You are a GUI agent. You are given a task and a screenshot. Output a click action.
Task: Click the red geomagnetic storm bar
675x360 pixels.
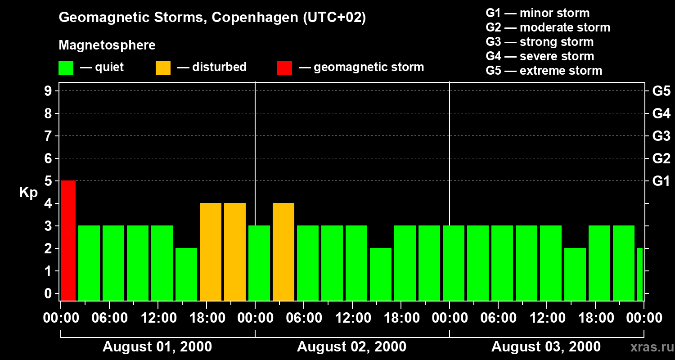pos(68,240)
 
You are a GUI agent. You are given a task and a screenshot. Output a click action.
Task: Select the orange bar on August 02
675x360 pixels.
pos(283,252)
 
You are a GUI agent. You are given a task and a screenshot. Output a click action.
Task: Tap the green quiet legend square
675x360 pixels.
pos(66,68)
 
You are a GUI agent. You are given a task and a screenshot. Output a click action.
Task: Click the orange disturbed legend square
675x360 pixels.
pos(163,68)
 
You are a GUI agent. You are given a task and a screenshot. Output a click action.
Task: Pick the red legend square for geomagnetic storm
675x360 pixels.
pos(284,68)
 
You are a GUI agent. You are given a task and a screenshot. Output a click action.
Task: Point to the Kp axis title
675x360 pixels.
pos(28,193)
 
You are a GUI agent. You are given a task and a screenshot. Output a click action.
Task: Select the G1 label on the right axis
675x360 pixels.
pos(661,181)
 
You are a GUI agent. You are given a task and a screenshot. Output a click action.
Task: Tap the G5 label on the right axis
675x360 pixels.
pos(661,91)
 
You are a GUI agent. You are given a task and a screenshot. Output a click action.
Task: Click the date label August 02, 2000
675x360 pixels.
pos(351,347)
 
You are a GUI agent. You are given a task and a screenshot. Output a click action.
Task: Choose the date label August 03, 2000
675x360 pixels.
pos(546,347)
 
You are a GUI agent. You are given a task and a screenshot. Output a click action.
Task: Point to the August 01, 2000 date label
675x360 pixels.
pos(157,347)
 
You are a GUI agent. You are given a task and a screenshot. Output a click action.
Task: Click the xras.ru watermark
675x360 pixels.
pos(648,347)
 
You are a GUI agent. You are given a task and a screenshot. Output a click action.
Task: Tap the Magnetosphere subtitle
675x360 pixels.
pos(107,45)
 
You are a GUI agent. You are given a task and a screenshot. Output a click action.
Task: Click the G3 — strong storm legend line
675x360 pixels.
pos(540,42)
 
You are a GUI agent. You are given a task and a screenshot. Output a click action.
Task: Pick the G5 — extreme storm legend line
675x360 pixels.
pos(544,71)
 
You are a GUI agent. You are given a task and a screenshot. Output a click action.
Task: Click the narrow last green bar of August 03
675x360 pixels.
pos(640,274)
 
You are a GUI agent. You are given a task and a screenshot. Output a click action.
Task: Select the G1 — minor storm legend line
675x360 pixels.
pos(537,13)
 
